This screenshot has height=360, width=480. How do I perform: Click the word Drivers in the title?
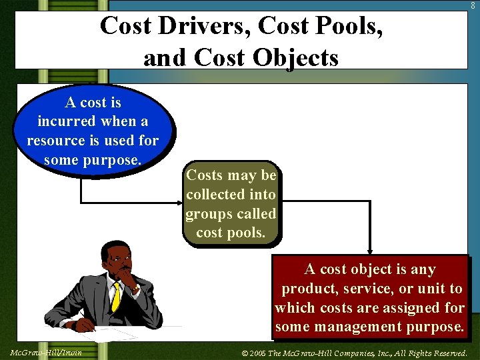tap(209, 27)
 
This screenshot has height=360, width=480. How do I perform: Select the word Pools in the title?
tap(349, 27)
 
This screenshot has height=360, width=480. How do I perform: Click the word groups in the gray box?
tap(209, 214)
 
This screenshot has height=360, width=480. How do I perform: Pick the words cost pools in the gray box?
tap(231, 233)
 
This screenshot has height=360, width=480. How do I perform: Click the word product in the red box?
tap(308, 289)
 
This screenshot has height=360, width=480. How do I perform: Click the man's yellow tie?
tap(117, 295)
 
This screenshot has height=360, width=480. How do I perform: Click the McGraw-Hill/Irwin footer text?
tap(46, 352)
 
